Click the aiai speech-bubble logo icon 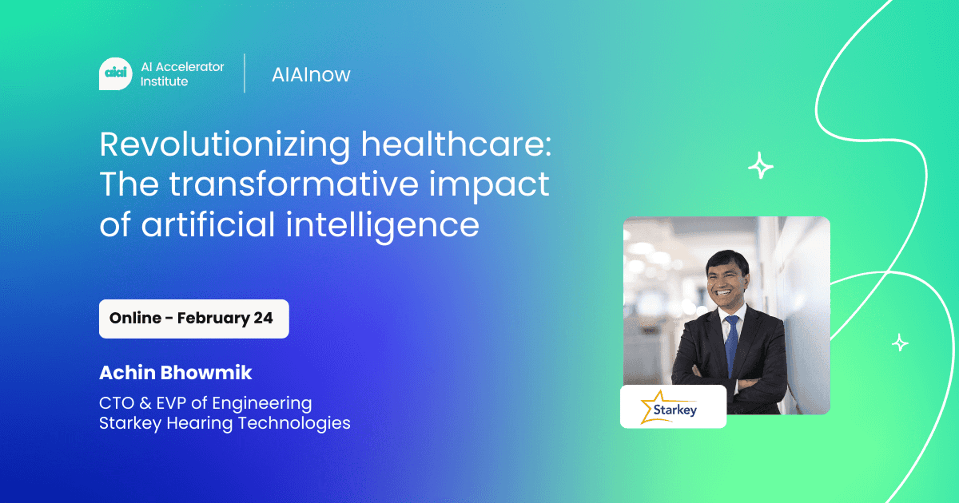coord(115,73)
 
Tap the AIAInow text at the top coord(311,75)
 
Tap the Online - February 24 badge coord(194,318)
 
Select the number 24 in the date coord(263,318)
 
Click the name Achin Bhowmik coord(175,373)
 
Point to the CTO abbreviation coord(116,403)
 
